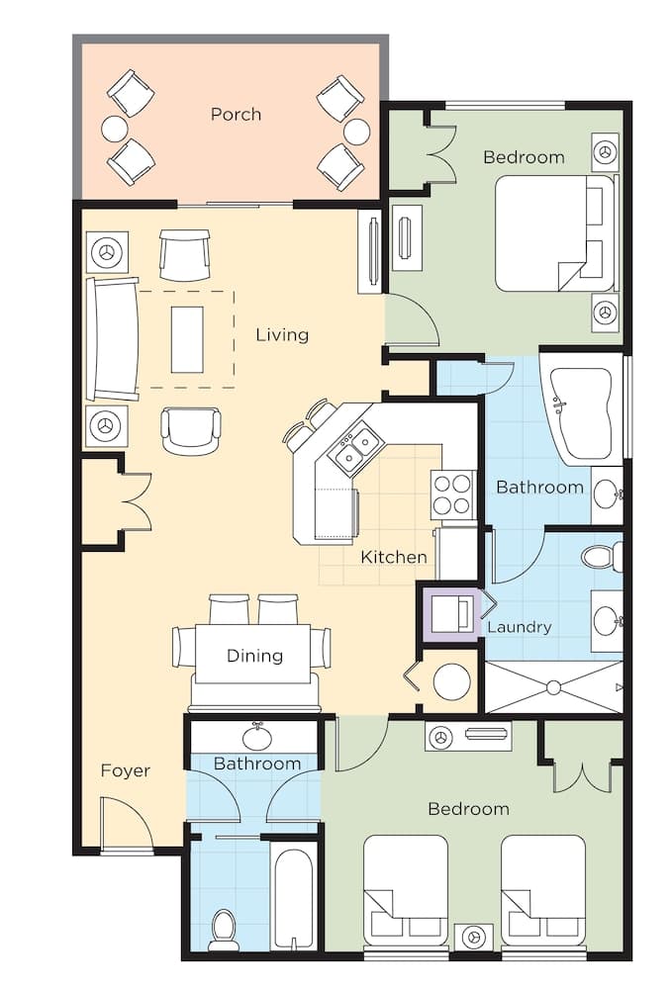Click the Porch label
(236, 114)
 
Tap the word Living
(282, 334)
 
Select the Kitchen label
(393, 557)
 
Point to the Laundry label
(520, 627)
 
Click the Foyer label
(126, 770)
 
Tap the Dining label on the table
(254, 656)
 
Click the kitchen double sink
(356, 447)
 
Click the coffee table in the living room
(187, 339)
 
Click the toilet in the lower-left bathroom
(222, 930)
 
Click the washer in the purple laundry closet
(451, 614)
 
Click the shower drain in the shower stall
(554, 687)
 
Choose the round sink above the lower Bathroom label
(258, 736)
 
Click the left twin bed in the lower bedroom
(406, 892)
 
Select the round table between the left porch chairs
(115, 128)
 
